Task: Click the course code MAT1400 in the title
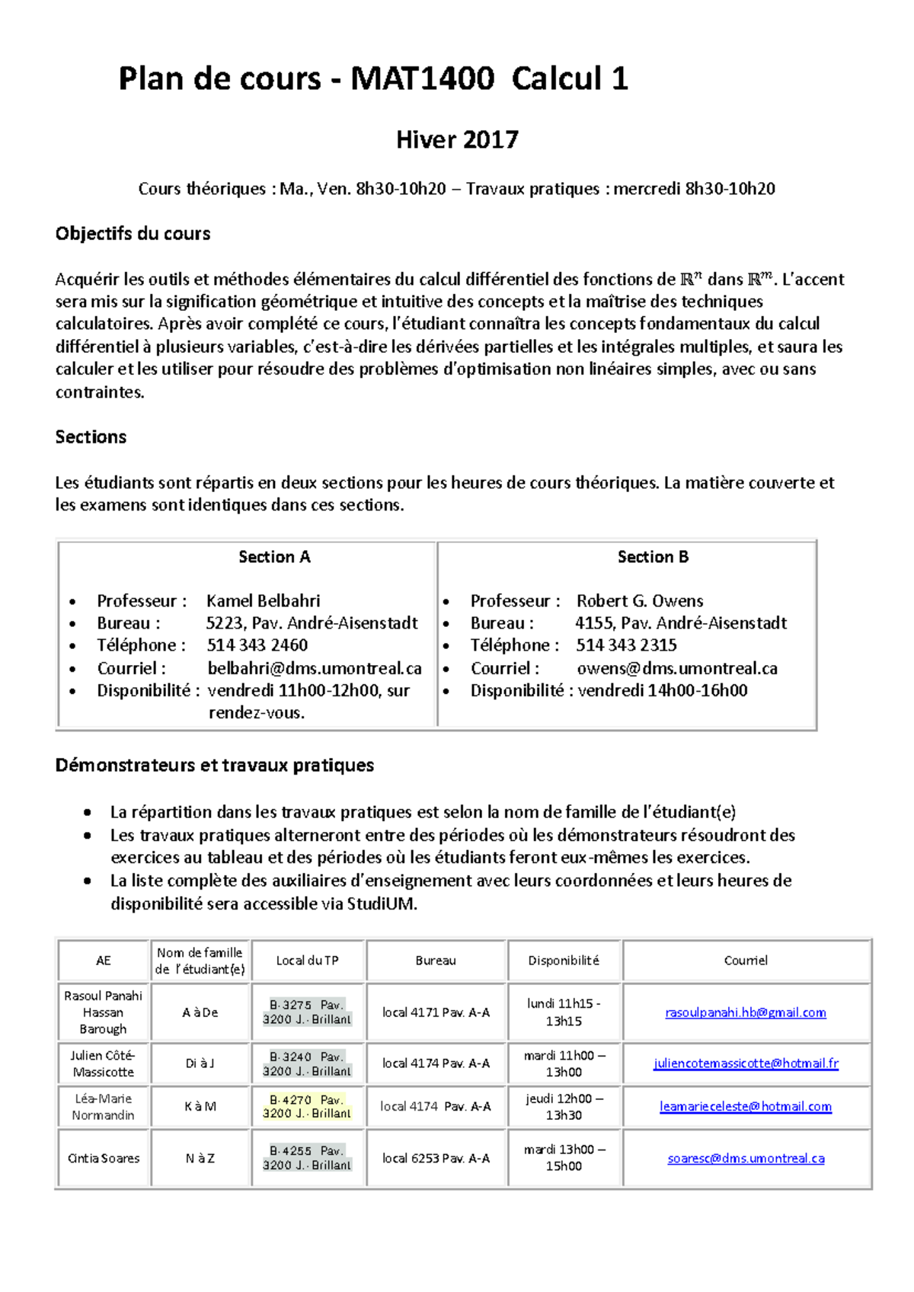tap(422, 79)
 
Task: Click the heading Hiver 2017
tap(457, 140)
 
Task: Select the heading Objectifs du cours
tap(133, 234)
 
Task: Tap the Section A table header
tap(274, 557)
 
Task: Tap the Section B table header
tap(653, 557)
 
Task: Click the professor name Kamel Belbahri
tap(263, 601)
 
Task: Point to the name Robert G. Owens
tap(639, 601)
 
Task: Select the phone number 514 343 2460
tap(257, 645)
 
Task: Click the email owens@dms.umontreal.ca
tap(676, 669)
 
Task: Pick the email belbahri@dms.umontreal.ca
tap(314, 669)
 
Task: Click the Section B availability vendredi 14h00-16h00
tap(662, 691)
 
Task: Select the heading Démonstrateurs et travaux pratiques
tap(214, 766)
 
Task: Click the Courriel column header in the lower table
tap(746, 961)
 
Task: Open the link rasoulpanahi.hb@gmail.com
tap(745, 1012)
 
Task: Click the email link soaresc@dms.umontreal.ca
tap(746, 1159)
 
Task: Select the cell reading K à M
tap(200, 1107)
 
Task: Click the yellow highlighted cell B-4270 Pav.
tap(307, 1106)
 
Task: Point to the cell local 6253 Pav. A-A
tap(436, 1159)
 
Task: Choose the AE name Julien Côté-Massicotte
tap(103, 1063)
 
